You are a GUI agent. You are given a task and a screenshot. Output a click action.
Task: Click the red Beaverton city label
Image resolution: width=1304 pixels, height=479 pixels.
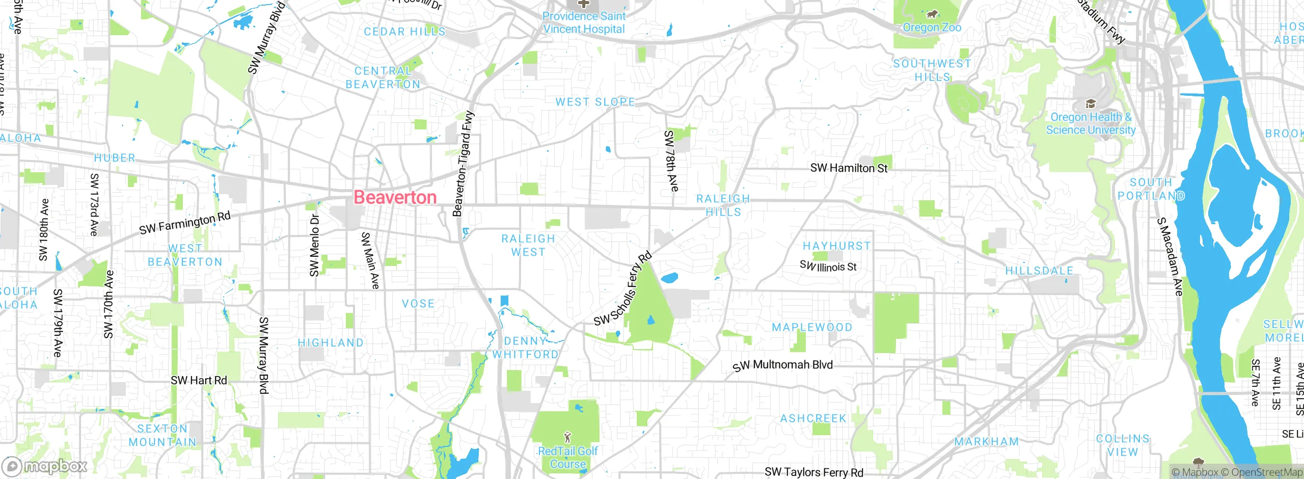(x=395, y=198)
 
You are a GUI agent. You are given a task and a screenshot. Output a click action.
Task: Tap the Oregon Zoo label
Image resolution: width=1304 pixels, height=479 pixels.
(x=932, y=28)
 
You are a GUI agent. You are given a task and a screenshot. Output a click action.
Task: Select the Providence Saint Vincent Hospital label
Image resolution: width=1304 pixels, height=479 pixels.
(x=584, y=23)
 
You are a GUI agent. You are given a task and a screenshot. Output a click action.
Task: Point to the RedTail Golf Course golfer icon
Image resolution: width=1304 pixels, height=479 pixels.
(x=567, y=437)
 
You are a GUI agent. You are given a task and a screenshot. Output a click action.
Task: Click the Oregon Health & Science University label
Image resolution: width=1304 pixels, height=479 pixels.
(x=1091, y=124)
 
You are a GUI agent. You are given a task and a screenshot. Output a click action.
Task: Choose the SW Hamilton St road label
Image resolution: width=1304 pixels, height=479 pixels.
(x=849, y=168)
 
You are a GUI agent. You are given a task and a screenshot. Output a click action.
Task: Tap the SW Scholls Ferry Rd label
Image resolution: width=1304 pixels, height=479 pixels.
(x=623, y=289)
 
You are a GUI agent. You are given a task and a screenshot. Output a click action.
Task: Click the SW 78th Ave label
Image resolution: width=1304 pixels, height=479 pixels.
(x=671, y=161)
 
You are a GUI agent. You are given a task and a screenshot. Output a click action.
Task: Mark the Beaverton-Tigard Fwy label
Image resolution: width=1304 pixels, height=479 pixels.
(x=463, y=164)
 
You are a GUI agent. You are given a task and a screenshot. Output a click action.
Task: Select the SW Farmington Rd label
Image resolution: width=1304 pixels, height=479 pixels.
(x=185, y=223)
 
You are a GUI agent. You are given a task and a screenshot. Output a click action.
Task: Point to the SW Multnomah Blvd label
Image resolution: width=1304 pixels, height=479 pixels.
(x=783, y=365)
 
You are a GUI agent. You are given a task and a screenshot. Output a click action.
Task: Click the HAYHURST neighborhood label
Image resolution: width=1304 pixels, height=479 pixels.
(x=837, y=246)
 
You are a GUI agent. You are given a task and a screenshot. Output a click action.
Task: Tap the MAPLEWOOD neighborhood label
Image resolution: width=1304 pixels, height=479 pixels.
(x=812, y=328)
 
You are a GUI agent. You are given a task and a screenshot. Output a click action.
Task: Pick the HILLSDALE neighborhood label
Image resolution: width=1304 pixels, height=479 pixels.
(x=1039, y=271)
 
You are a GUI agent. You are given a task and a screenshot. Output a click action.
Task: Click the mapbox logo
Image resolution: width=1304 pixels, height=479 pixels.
(x=45, y=466)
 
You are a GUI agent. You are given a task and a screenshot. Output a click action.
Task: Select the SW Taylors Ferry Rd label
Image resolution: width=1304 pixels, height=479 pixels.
(x=814, y=472)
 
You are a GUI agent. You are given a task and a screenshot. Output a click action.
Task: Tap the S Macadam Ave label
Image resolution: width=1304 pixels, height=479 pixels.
(x=1170, y=257)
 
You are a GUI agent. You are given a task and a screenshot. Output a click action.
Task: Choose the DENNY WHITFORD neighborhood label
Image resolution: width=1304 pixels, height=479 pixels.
(x=525, y=348)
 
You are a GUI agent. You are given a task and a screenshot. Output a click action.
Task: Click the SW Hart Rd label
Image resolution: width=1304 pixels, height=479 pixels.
(x=199, y=381)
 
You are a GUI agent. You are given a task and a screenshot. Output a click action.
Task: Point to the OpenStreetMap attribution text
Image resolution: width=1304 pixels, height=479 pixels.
(x=1262, y=472)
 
